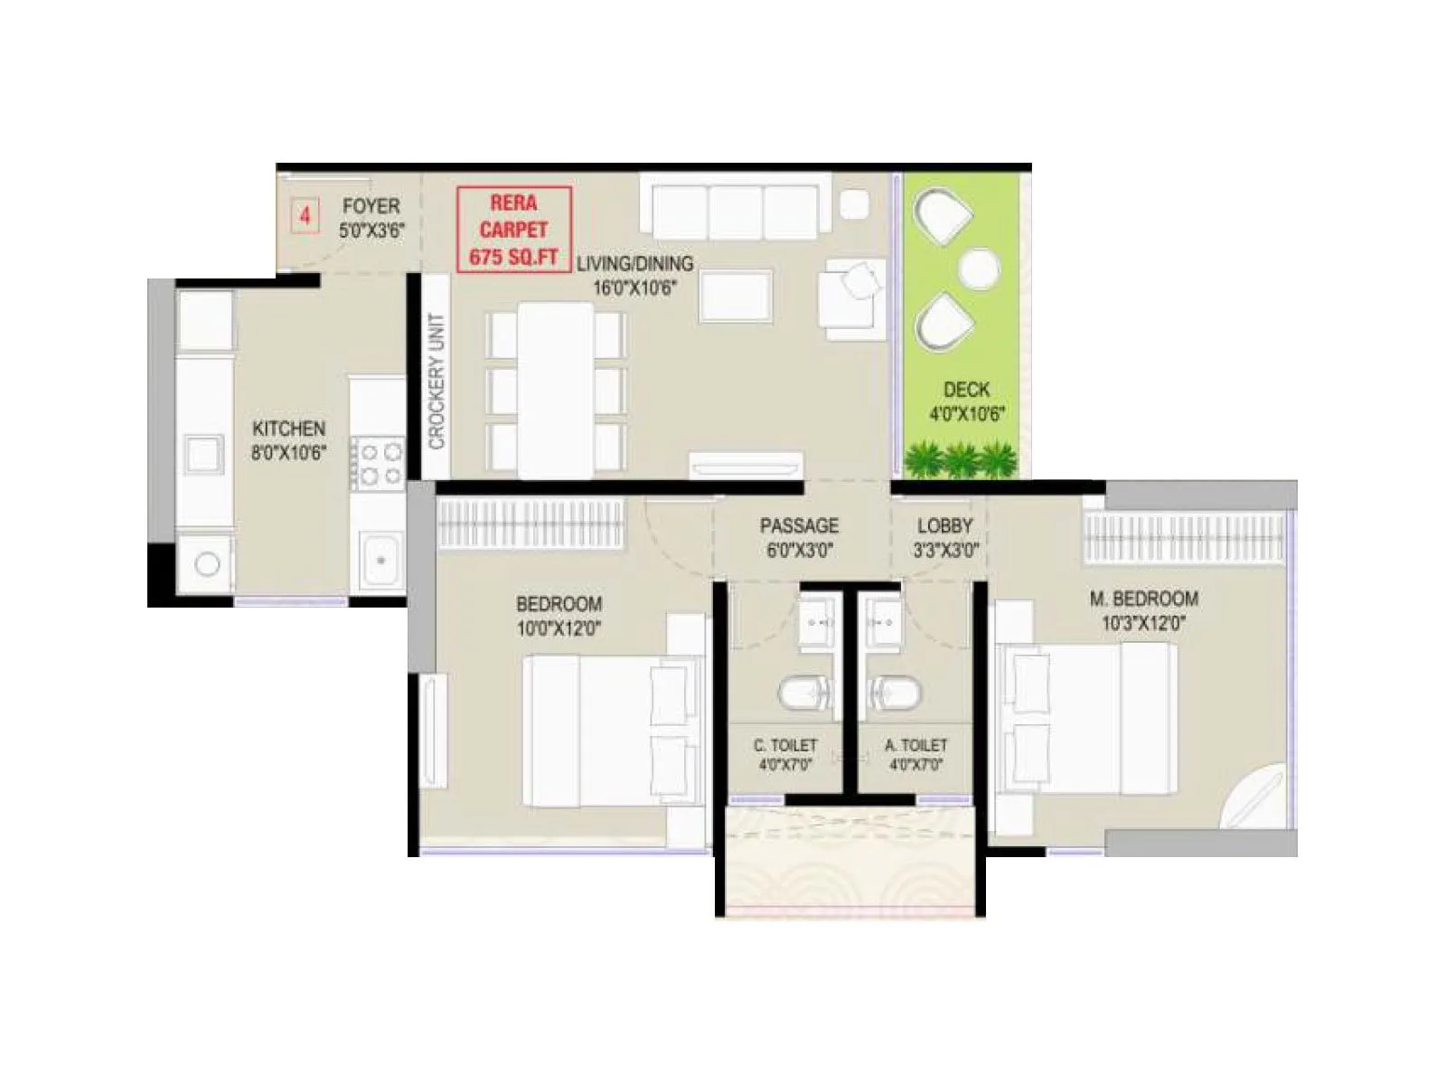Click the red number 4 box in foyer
pyautogui.click(x=305, y=216)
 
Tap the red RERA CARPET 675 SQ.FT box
pyautogui.click(x=513, y=230)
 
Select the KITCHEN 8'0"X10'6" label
pyautogui.click(x=288, y=439)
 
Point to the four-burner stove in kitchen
pyautogui.click(x=378, y=461)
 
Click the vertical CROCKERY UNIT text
pyautogui.click(x=437, y=381)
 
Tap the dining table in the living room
pyautogui.click(x=555, y=389)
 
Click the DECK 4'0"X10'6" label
pyautogui.click(x=966, y=401)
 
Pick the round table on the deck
pyautogui.click(x=978, y=268)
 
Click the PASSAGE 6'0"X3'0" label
pyautogui.click(x=799, y=537)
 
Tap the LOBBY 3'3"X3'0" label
pyautogui.click(x=945, y=537)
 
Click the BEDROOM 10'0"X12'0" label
pyautogui.click(x=559, y=615)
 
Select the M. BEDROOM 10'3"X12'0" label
pyautogui.click(x=1143, y=609)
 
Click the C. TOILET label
pyautogui.click(x=785, y=754)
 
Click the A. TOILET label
pyautogui.click(x=915, y=754)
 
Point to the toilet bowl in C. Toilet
pyautogui.click(x=806, y=694)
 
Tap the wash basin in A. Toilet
pyautogui.click(x=882, y=622)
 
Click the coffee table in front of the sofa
pyautogui.click(x=736, y=296)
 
